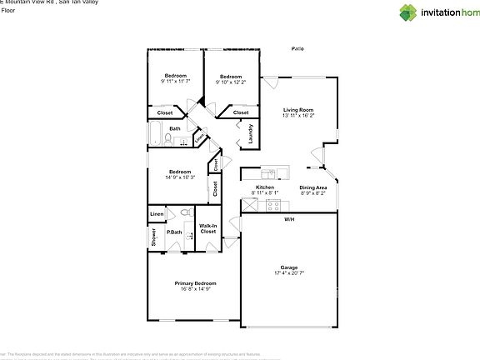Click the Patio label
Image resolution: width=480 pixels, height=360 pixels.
pyautogui.click(x=297, y=49)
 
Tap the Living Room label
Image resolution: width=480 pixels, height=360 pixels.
pyautogui.click(x=297, y=109)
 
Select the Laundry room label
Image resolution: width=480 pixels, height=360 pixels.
pyautogui.click(x=251, y=133)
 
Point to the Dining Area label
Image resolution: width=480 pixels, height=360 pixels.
pyautogui.click(x=313, y=187)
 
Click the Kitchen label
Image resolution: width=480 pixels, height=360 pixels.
pyautogui.click(x=265, y=187)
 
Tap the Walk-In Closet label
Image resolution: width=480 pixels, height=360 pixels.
pyautogui.click(x=208, y=228)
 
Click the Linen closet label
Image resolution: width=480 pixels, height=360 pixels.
pyautogui.click(x=157, y=214)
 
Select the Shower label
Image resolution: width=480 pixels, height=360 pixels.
pyautogui.click(x=154, y=237)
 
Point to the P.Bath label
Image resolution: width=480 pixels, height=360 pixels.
pyautogui.click(x=175, y=232)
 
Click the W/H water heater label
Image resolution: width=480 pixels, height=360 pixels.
pyautogui.click(x=288, y=219)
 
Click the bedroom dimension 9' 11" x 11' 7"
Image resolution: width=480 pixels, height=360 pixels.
pyautogui.click(x=176, y=81)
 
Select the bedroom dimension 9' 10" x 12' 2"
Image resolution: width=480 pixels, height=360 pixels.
pyautogui.click(x=231, y=82)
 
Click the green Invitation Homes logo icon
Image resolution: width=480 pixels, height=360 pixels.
pyautogui.click(x=408, y=12)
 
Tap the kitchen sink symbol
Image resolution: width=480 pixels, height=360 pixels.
pyautogui.click(x=268, y=173)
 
